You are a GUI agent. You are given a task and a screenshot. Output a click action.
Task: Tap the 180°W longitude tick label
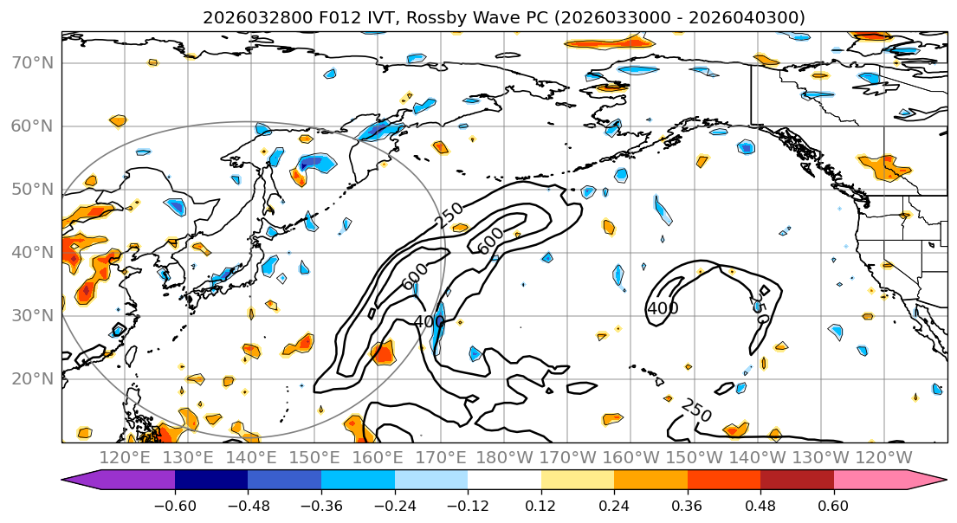click(504, 457)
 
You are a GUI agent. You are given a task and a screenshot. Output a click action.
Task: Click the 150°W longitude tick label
click(694, 457)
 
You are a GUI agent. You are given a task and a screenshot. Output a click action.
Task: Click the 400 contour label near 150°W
click(663, 308)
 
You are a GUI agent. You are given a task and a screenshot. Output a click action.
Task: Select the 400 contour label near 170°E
click(429, 322)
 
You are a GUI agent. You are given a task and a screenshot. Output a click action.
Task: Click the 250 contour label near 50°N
click(449, 215)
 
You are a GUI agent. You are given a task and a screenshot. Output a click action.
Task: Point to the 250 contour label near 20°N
click(695, 411)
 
